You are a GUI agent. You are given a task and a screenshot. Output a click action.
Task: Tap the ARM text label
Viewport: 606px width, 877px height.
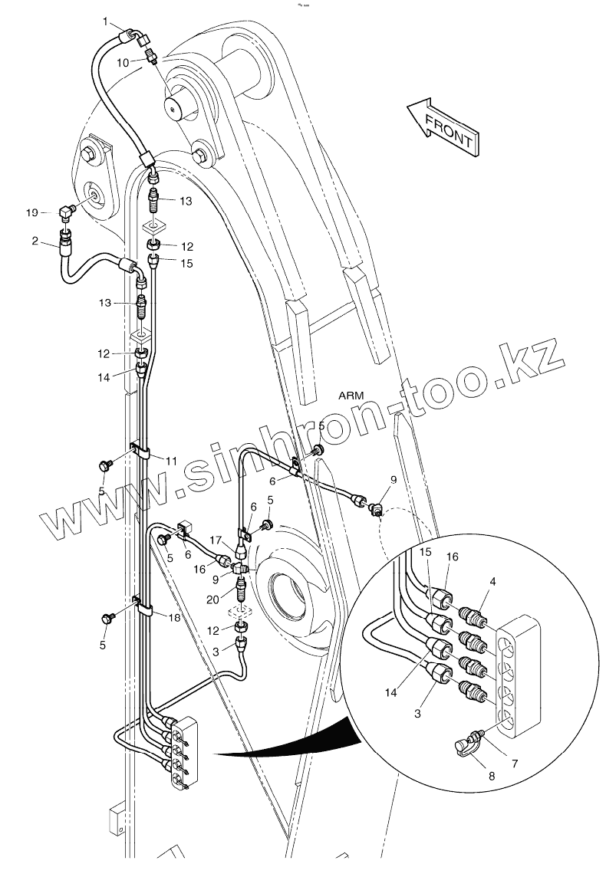(x=354, y=396)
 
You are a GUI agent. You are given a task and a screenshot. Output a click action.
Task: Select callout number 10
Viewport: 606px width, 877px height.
(x=122, y=63)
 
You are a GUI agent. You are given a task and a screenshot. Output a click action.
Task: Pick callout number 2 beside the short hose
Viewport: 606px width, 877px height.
(x=35, y=241)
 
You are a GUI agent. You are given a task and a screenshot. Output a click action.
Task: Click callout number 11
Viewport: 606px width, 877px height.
(x=170, y=461)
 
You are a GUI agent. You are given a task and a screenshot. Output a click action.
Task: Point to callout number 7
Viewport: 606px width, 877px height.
(x=515, y=764)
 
